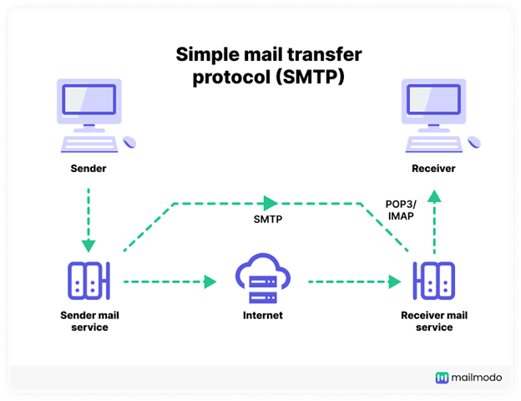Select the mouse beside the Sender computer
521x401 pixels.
pyautogui.click(x=129, y=144)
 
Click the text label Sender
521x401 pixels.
pyautogui.click(x=88, y=170)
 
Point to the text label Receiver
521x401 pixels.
pyautogui.click(x=433, y=170)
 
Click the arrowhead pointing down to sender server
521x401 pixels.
pyautogui.click(x=88, y=246)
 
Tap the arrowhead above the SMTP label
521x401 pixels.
pyautogui.click(x=270, y=203)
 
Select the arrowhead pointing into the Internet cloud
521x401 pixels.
pyautogui.click(x=209, y=282)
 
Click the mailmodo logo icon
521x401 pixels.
pyautogui.click(x=442, y=378)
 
